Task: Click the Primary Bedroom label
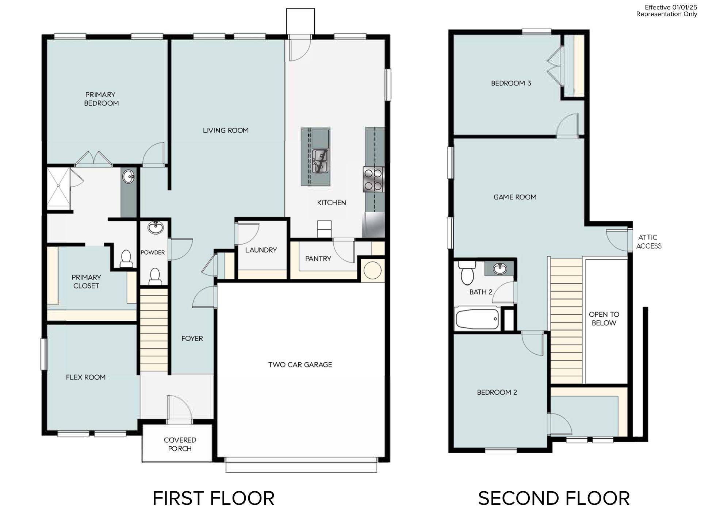pyautogui.click(x=101, y=99)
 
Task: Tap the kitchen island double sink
pyautogui.click(x=320, y=161)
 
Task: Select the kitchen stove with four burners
pyautogui.click(x=373, y=179)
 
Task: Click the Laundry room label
pyautogui.click(x=261, y=250)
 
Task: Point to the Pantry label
pyautogui.click(x=318, y=259)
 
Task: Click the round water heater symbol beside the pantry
pyautogui.click(x=372, y=271)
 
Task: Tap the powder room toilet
pyautogui.click(x=155, y=276)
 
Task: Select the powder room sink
pyautogui.click(x=156, y=228)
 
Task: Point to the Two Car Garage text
pyautogui.click(x=300, y=365)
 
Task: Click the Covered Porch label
pyautogui.click(x=180, y=444)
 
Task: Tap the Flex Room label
pyautogui.click(x=86, y=377)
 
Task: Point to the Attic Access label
pyautogui.click(x=648, y=242)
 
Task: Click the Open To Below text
pyautogui.click(x=604, y=319)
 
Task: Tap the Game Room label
pyautogui.click(x=515, y=197)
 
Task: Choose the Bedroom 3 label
pyautogui.click(x=511, y=83)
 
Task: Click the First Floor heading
pyautogui.click(x=213, y=498)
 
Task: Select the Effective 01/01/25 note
pyautogui.click(x=671, y=7)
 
